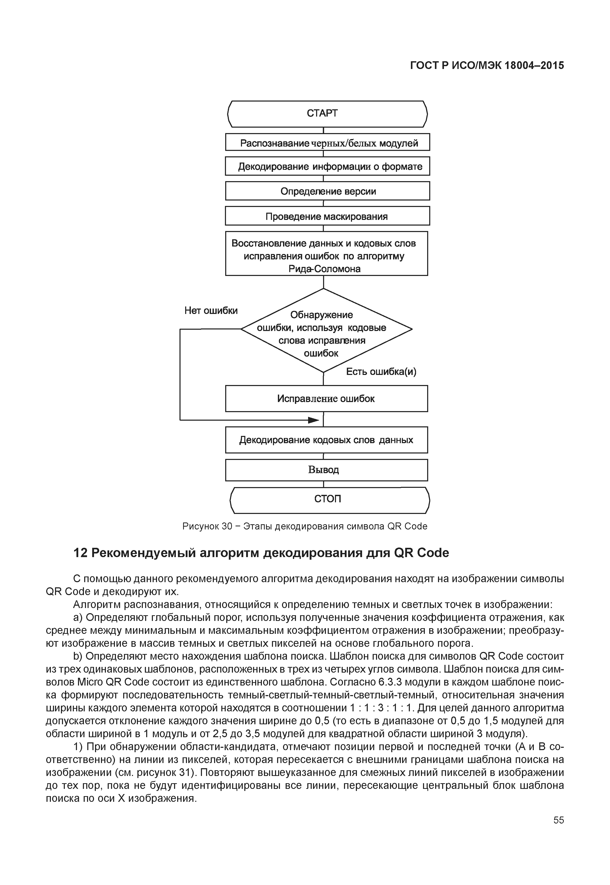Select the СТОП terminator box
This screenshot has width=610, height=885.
click(x=330, y=500)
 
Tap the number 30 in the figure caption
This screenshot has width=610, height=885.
click(x=227, y=527)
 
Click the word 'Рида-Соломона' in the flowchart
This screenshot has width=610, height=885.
click(x=324, y=269)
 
